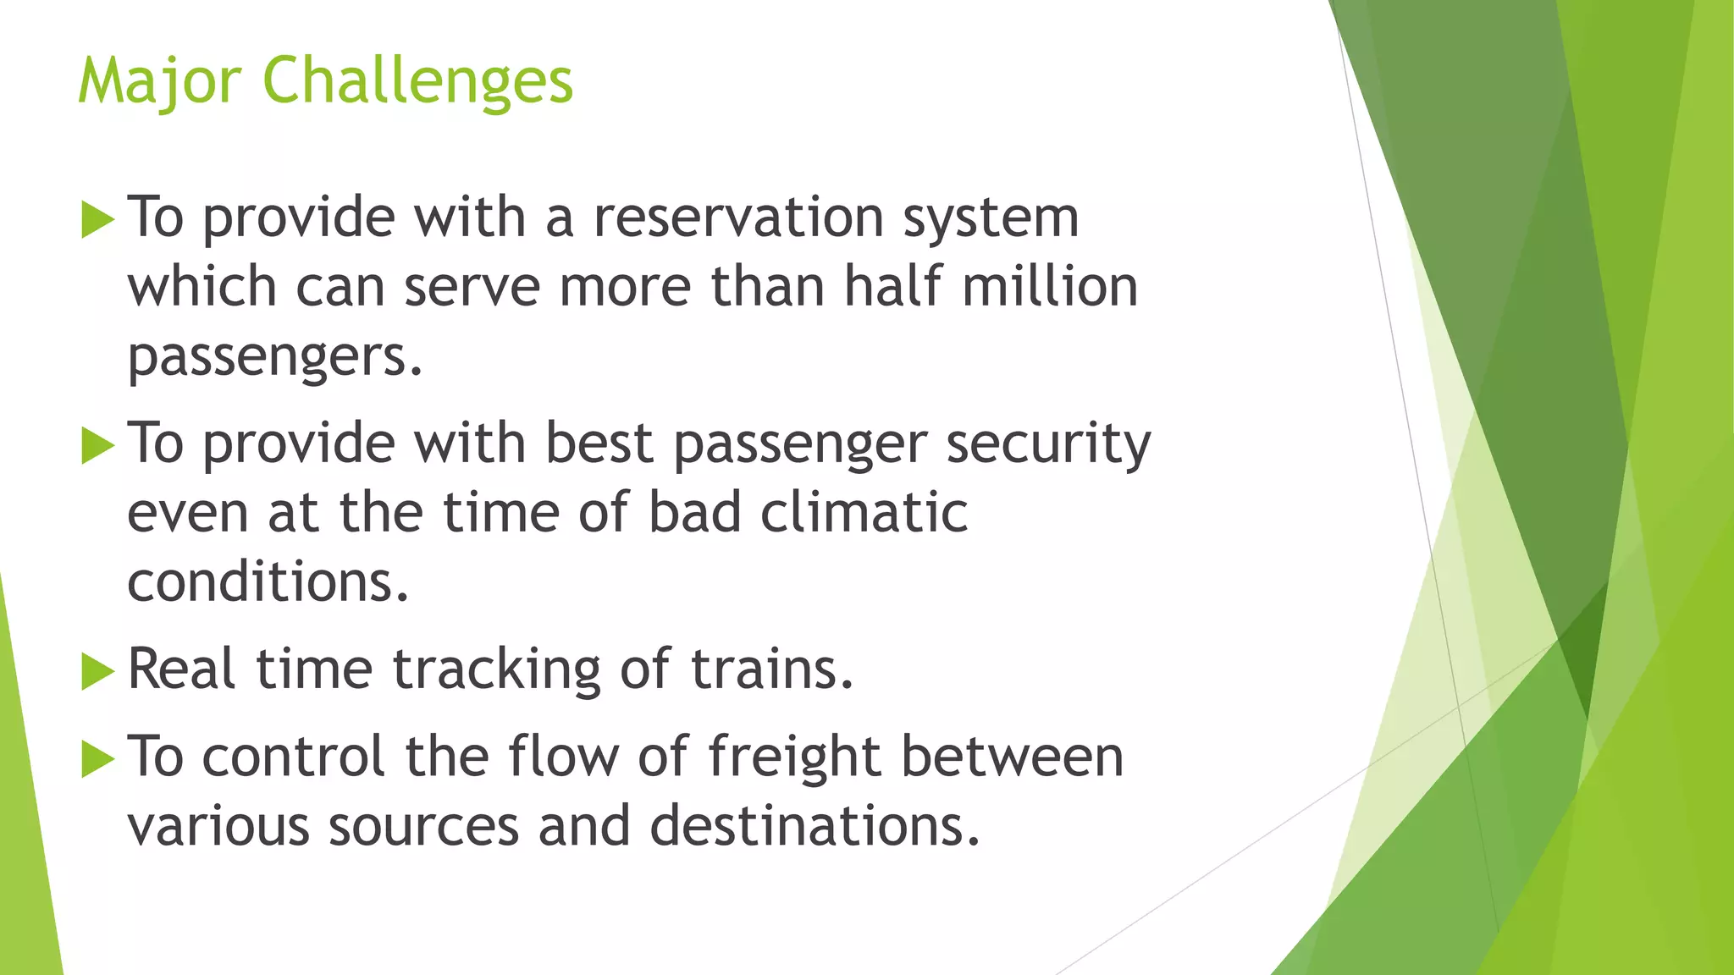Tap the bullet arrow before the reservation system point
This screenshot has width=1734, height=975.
pyautogui.click(x=97, y=221)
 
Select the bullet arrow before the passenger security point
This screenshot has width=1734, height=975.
pyautogui.click(x=97, y=446)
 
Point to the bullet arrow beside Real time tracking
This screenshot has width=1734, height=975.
pyautogui.click(x=97, y=673)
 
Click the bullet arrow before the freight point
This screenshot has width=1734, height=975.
pyautogui.click(x=97, y=759)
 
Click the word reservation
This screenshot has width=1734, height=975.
pyautogui.click(x=738, y=218)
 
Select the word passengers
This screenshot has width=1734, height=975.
pyautogui.click(x=273, y=357)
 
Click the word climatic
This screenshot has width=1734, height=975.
pyautogui.click(x=864, y=513)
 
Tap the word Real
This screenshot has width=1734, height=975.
pyautogui.click(x=181, y=669)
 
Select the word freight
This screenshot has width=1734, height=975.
pyautogui.click(x=793, y=757)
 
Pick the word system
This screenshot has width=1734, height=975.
pyautogui.click(x=991, y=219)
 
